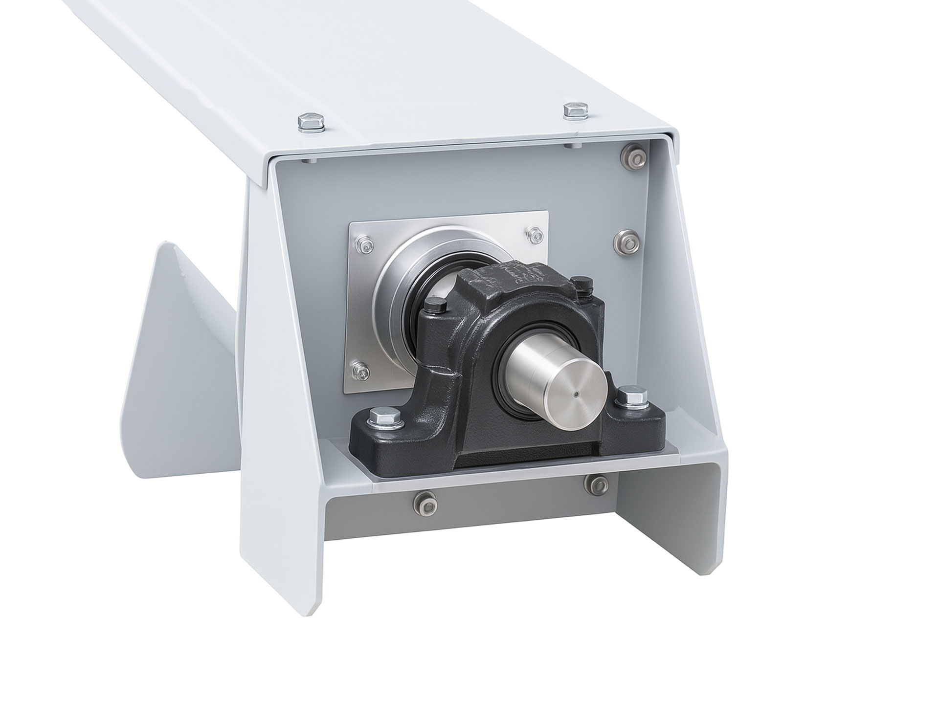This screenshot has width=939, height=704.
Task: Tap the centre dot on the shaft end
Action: pos(577,394)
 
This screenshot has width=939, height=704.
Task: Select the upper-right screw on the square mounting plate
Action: pos(533,236)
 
